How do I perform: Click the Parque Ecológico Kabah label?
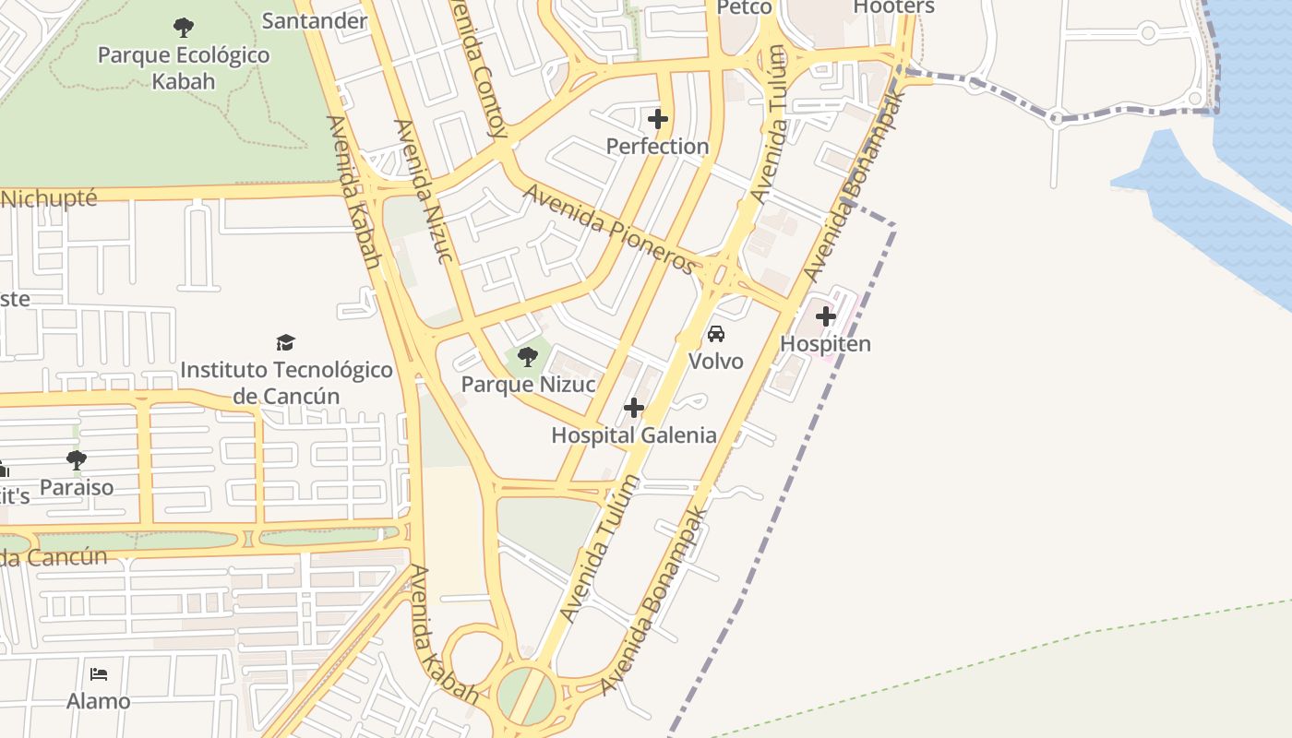click(x=184, y=67)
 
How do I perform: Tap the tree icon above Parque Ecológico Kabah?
click(x=184, y=27)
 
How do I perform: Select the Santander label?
click(x=315, y=20)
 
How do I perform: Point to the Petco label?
click(x=744, y=7)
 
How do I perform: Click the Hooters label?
click(x=893, y=7)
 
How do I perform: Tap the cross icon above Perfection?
click(x=658, y=119)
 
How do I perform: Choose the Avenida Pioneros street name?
click(x=610, y=229)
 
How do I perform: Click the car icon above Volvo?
click(x=716, y=333)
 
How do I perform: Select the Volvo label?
click(x=716, y=361)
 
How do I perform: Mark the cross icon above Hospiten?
click(x=826, y=316)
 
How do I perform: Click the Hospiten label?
click(x=826, y=344)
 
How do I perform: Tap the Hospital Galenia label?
click(x=634, y=435)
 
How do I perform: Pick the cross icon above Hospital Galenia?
click(x=634, y=407)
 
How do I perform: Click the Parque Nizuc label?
click(x=528, y=384)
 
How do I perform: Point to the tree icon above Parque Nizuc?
click(x=528, y=356)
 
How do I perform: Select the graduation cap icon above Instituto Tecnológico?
click(x=286, y=343)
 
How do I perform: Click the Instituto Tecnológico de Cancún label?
click(x=286, y=383)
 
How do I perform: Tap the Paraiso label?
click(x=77, y=487)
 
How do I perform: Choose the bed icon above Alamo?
click(x=99, y=673)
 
